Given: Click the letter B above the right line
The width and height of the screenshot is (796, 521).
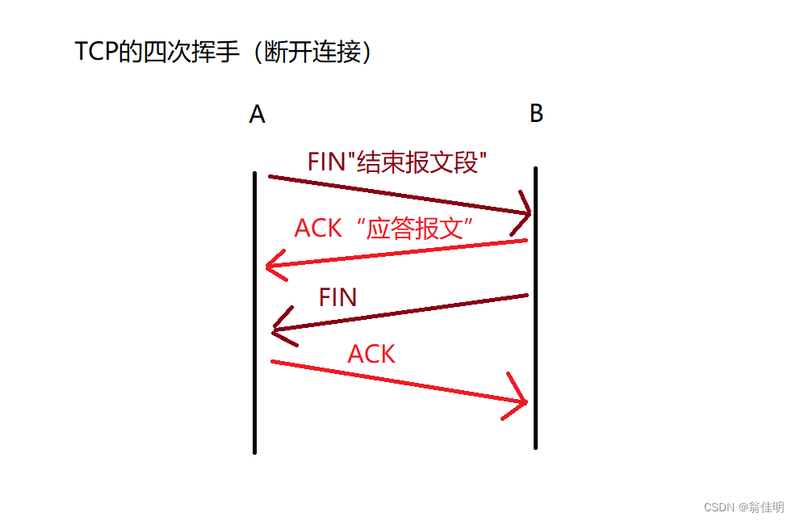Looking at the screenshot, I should click(536, 114).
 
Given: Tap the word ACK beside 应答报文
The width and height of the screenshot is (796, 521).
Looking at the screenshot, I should click(318, 229).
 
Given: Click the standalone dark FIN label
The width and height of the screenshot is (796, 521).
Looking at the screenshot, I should click(337, 297).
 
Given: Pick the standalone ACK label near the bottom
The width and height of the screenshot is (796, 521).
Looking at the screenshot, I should click(371, 354).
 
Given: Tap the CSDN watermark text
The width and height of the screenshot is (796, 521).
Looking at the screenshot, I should click(718, 507).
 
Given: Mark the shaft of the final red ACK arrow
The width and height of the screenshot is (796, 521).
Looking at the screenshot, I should click(396, 380).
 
